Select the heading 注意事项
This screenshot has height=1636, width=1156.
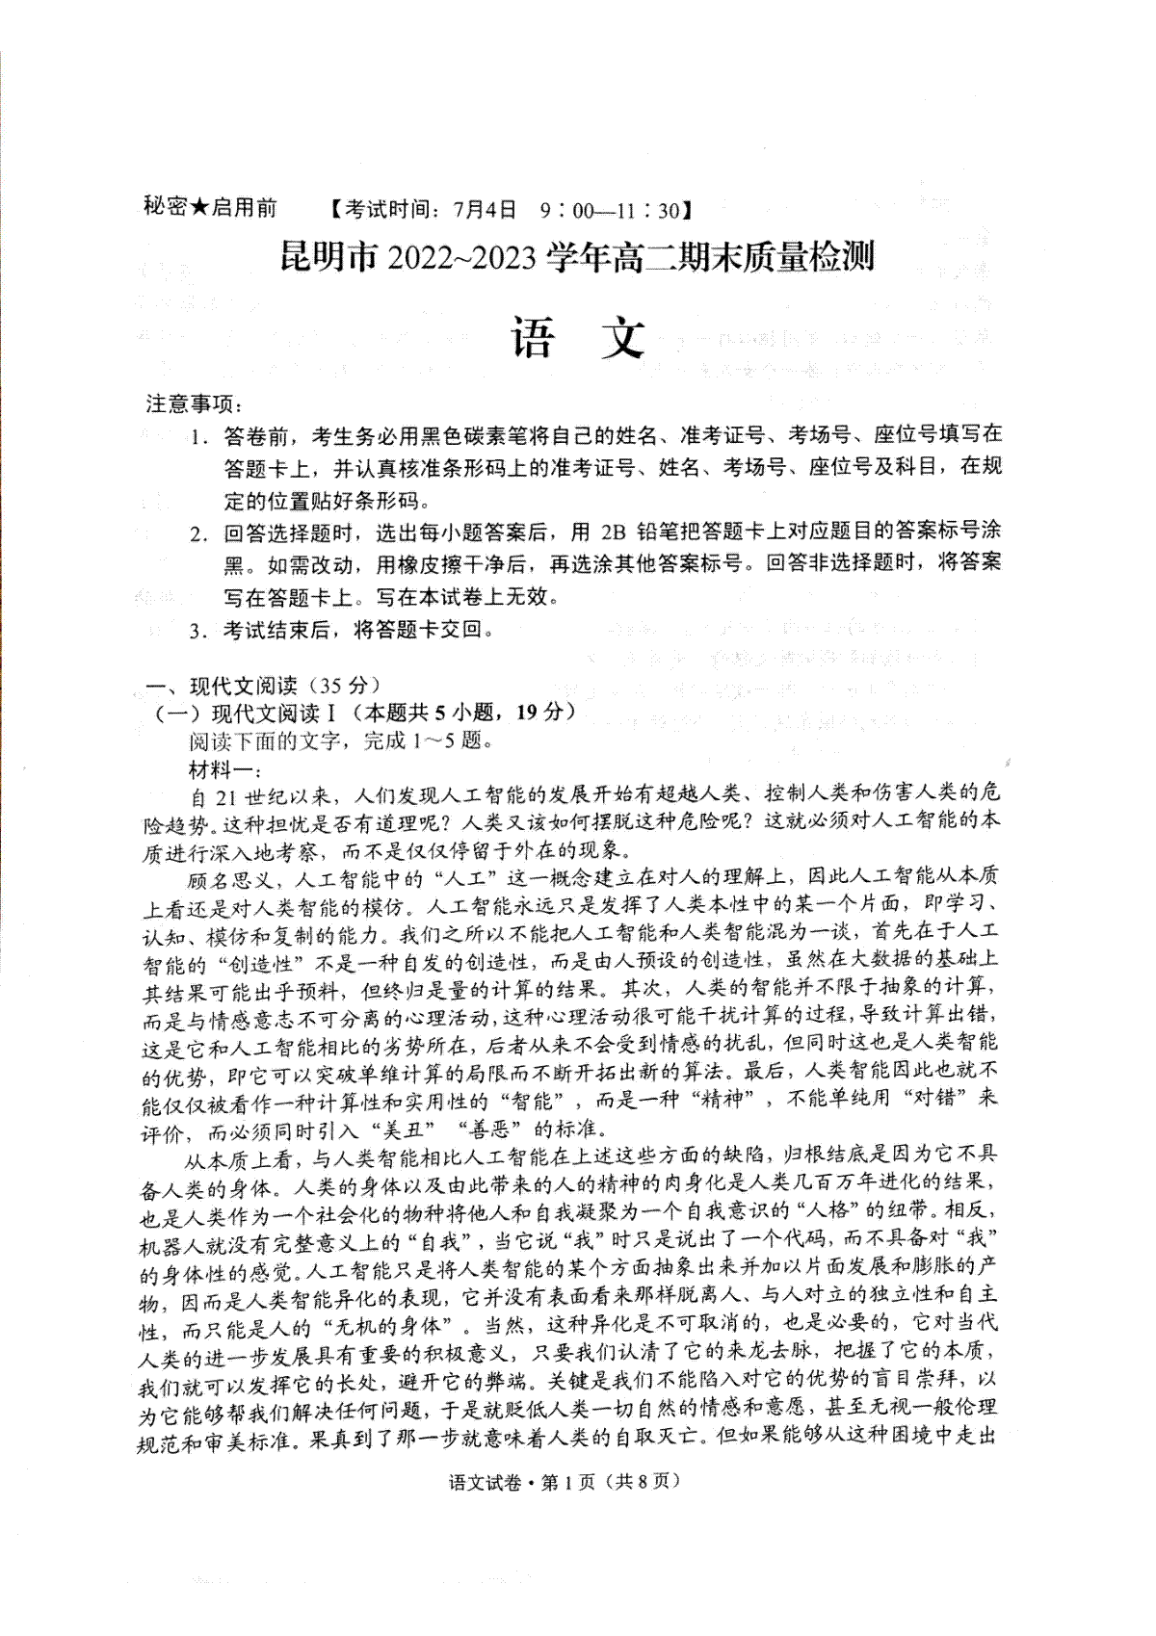tap(190, 403)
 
